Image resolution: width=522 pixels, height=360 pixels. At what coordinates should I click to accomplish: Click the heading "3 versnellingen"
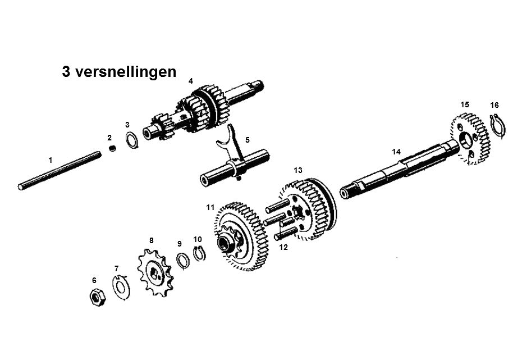pyautogui.click(x=119, y=72)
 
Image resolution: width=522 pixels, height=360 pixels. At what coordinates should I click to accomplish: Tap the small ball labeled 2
pyautogui.click(x=112, y=148)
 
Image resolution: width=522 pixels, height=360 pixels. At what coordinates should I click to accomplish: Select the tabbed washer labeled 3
pyautogui.click(x=131, y=141)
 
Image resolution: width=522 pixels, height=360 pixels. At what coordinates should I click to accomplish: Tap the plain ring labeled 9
pyautogui.click(x=182, y=261)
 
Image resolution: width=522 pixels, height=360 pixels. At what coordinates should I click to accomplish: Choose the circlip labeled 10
pyautogui.click(x=200, y=254)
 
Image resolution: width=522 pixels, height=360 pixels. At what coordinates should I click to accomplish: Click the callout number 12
pyautogui.click(x=283, y=248)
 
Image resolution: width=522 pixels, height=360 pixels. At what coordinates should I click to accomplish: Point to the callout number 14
pyautogui.click(x=396, y=152)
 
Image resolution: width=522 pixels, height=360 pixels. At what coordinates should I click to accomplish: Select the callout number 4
pyautogui.click(x=191, y=81)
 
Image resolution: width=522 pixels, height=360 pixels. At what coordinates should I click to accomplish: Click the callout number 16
pyautogui.click(x=494, y=105)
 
